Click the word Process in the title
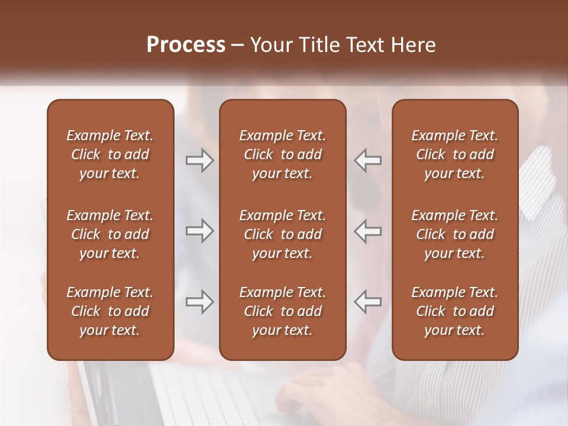pyautogui.click(x=186, y=45)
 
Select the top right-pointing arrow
pyautogui.click(x=199, y=160)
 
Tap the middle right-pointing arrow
pyautogui.click(x=199, y=231)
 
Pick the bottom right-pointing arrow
pyautogui.click(x=199, y=302)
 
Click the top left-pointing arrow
pyautogui.click(x=368, y=160)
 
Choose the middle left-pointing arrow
pyautogui.click(x=368, y=231)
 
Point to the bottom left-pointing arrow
pyautogui.click(x=368, y=302)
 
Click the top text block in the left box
pyautogui.click(x=110, y=154)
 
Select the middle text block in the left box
pyautogui.click(x=110, y=234)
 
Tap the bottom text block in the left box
pyautogui.click(x=110, y=311)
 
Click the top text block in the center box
pyautogui.click(x=282, y=154)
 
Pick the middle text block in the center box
pyautogui.click(x=282, y=234)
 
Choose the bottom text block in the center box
pyautogui.click(x=282, y=311)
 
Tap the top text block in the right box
pyautogui.click(x=454, y=154)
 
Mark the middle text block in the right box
pyautogui.click(x=454, y=234)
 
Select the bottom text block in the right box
pyautogui.click(x=454, y=311)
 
